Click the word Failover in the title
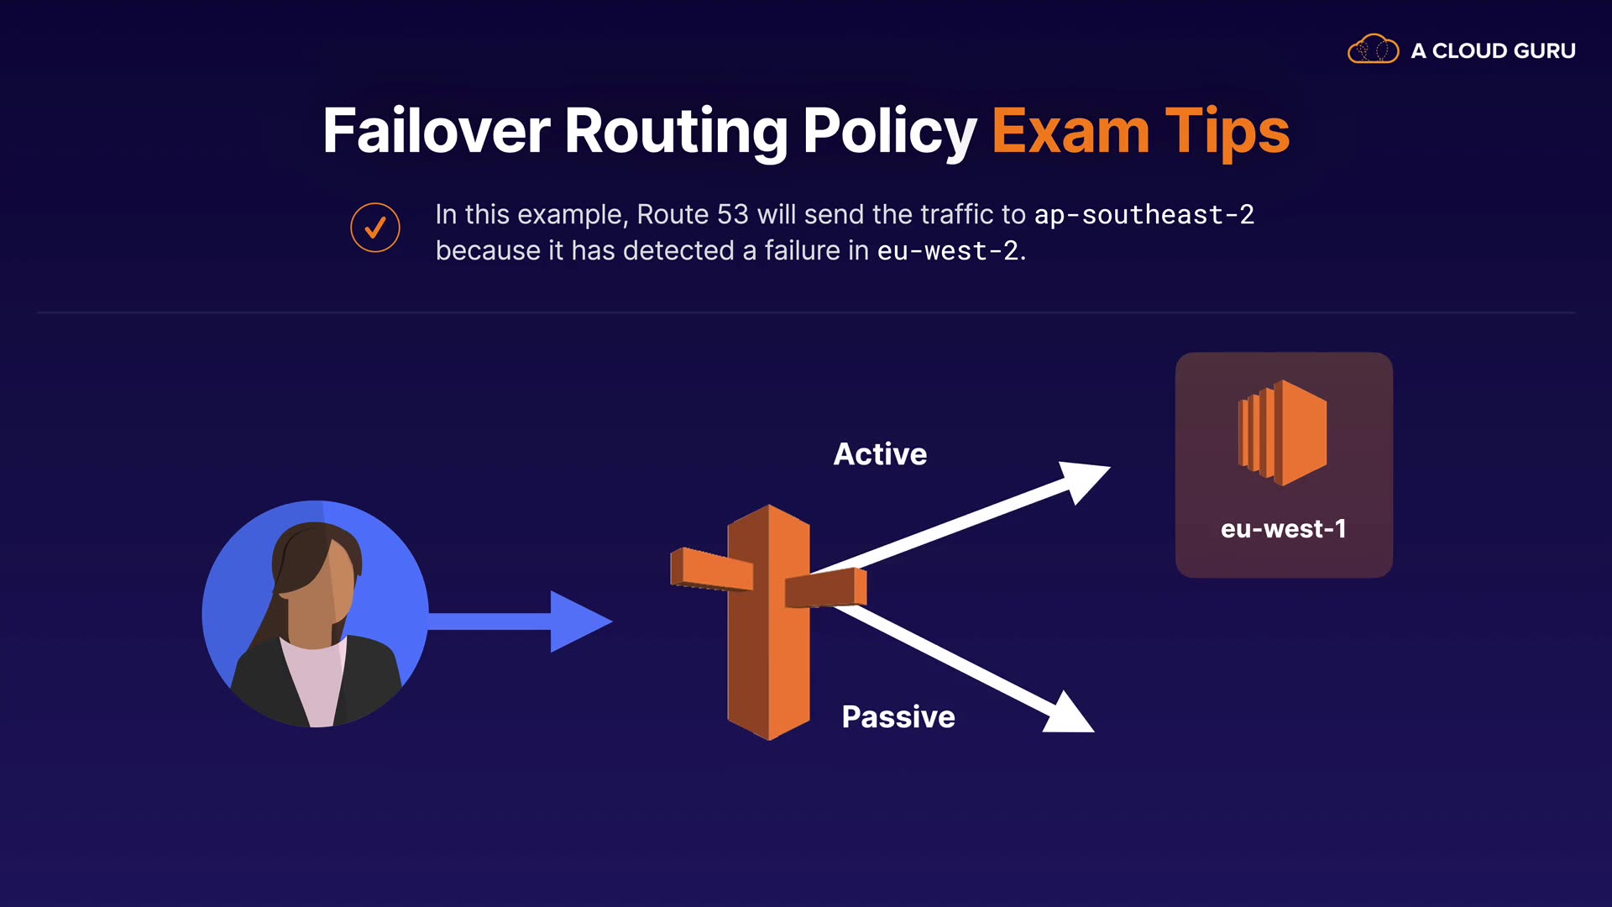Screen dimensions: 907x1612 click(x=436, y=131)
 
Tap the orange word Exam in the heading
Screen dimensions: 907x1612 click(x=1070, y=131)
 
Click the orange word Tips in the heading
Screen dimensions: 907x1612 click(x=1227, y=131)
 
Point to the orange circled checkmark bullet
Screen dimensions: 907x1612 click(x=374, y=228)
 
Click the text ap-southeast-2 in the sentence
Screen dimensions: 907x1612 click(x=1144, y=215)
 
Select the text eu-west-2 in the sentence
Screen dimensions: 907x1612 click(x=947, y=251)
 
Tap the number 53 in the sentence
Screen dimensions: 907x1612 click(x=732, y=215)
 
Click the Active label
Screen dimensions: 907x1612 click(x=880, y=454)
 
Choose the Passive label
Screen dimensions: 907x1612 click(x=898, y=717)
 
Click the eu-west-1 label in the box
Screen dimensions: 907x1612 click(x=1283, y=529)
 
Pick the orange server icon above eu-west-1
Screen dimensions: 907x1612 click(x=1282, y=433)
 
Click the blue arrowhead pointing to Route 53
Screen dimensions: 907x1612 click(x=578, y=621)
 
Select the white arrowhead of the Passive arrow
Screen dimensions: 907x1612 click(x=1068, y=716)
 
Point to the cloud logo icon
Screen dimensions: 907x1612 click(x=1373, y=50)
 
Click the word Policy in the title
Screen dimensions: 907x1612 click(x=890, y=131)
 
